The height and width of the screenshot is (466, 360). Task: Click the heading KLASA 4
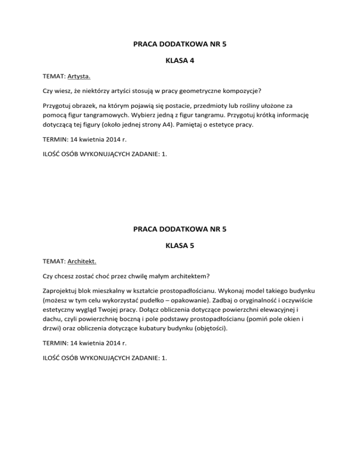180,60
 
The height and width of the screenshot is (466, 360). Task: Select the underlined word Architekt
83,264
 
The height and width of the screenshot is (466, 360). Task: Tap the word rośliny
264,105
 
